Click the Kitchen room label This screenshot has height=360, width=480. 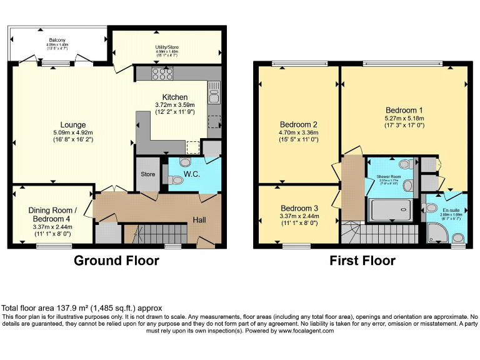[175, 97]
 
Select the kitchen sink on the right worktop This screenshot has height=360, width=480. [214, 96]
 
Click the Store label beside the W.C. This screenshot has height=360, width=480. [147, 174]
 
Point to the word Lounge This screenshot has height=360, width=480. [73, 125]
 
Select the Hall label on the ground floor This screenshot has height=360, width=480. [199, 219]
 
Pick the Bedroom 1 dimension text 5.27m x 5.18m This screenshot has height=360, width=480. [404, 117]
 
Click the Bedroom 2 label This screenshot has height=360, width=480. [299, 124]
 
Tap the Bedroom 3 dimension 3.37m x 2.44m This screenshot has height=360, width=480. [299, 217]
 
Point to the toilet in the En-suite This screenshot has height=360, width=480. [458, 237]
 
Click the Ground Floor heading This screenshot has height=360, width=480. [116, 260]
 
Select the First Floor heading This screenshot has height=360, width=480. [362, 260]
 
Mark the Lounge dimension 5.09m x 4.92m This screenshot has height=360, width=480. [73, 132]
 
